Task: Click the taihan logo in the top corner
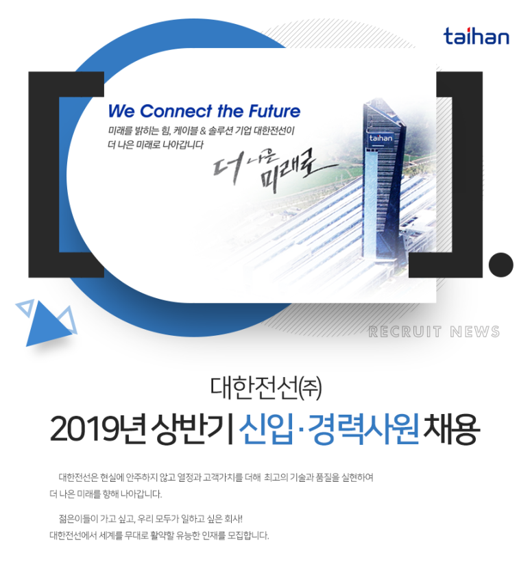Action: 477,36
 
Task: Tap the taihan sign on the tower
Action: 381,138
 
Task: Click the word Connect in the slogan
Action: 176,111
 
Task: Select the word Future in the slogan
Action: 274,111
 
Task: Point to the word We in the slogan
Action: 122,111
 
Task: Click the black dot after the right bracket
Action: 501,265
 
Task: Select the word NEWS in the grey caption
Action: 475,332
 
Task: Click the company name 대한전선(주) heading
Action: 266,388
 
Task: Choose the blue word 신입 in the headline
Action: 266,428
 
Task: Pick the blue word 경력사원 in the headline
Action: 363,428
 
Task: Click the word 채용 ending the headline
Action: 451,428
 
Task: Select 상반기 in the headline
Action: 192,428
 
